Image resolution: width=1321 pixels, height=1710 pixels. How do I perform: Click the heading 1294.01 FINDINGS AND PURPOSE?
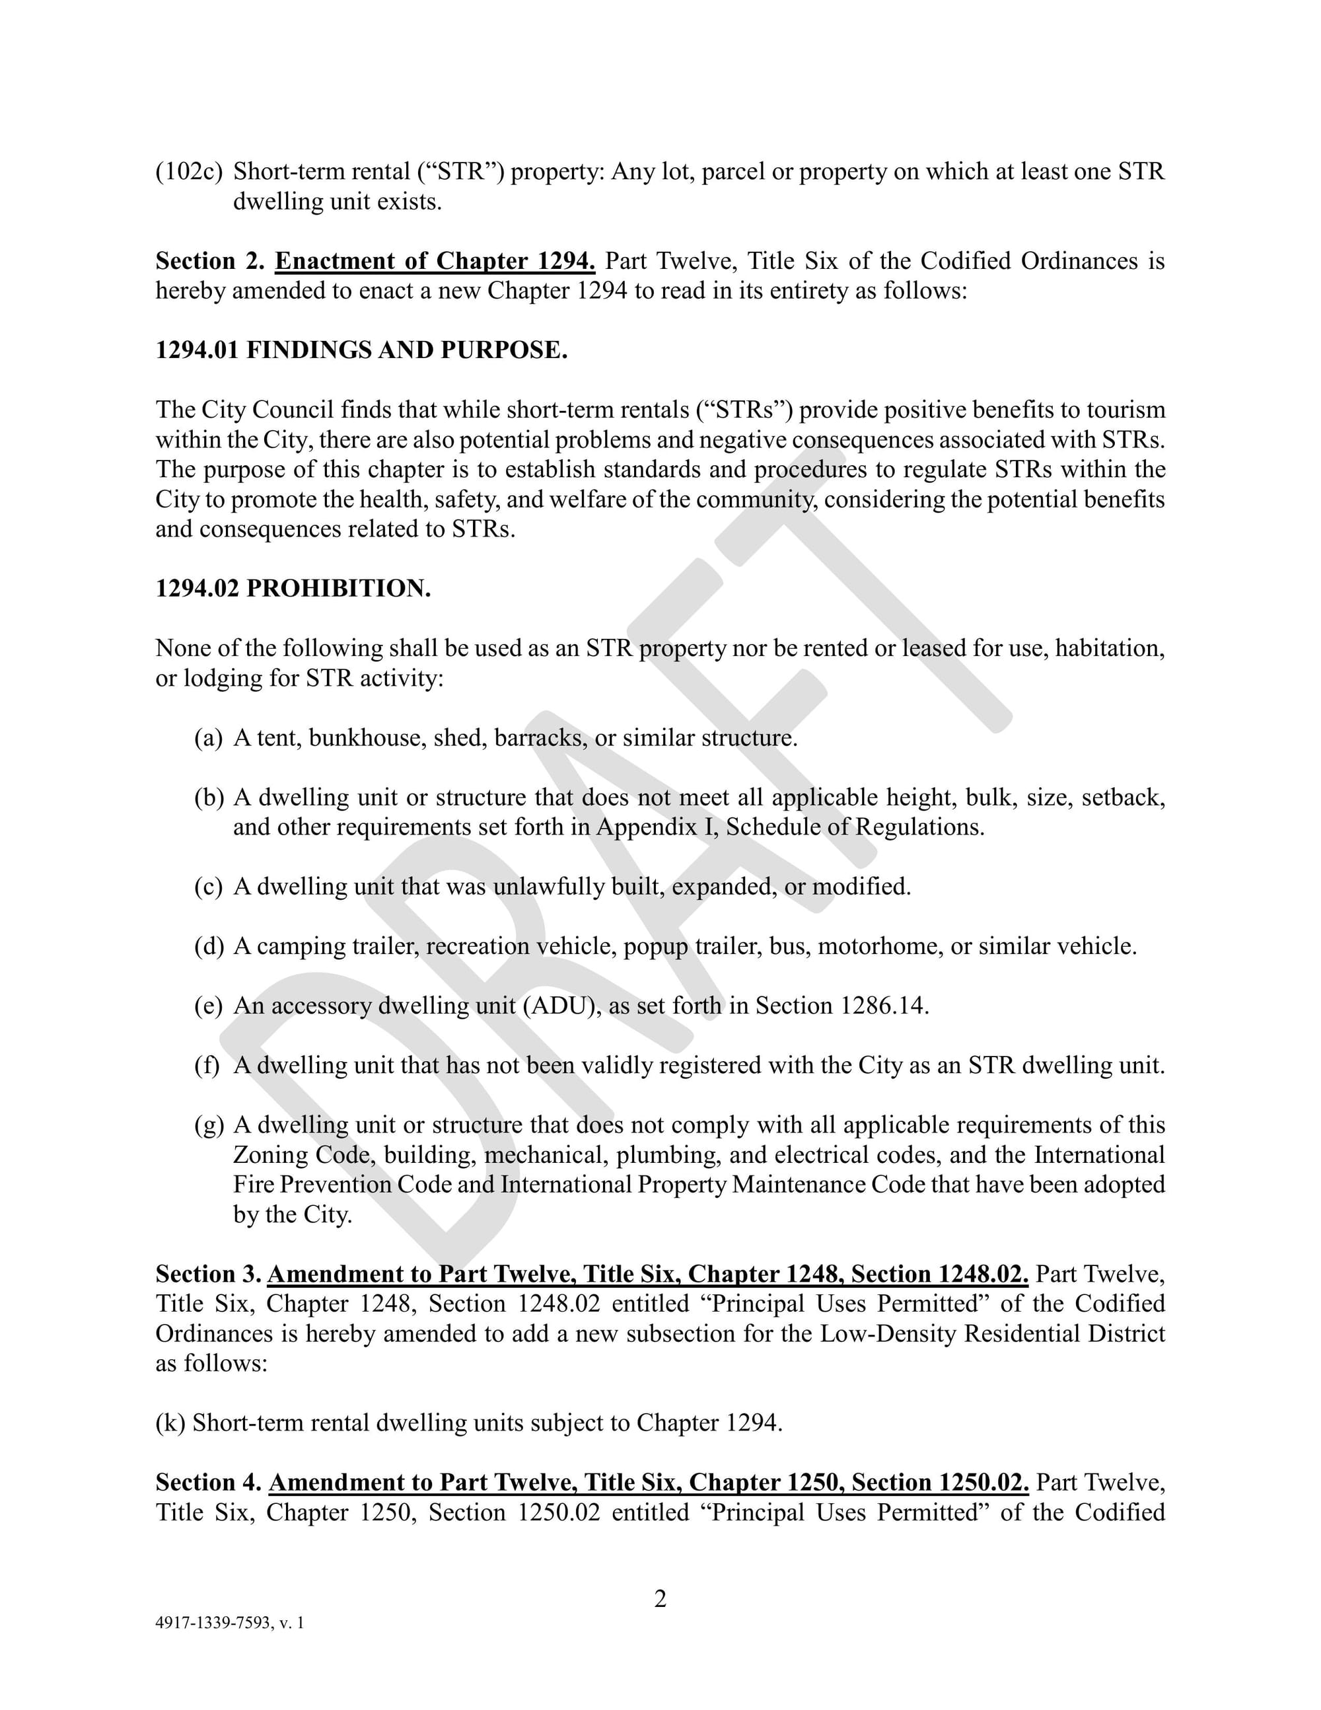pyautogui.click(x=361, y=350)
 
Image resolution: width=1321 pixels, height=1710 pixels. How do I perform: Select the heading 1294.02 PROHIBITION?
pyautogui.click(x=293, y=588)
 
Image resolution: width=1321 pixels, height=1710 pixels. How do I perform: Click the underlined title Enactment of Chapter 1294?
pyautogui.click(x=435, y=261)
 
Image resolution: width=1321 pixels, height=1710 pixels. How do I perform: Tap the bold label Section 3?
pyautogui.click(x=208, y=1274)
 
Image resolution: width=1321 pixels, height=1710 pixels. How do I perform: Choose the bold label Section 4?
pyautogui.click(x=208, y=1482)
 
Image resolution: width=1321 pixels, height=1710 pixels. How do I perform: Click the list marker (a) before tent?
pyautogui.click(x=208, y=737)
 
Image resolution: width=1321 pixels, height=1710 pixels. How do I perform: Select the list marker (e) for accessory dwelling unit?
pyautogui.click(x=208, y=1006)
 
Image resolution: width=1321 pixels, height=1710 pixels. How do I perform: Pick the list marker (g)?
pyautogui.click(x=208, y=1125)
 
